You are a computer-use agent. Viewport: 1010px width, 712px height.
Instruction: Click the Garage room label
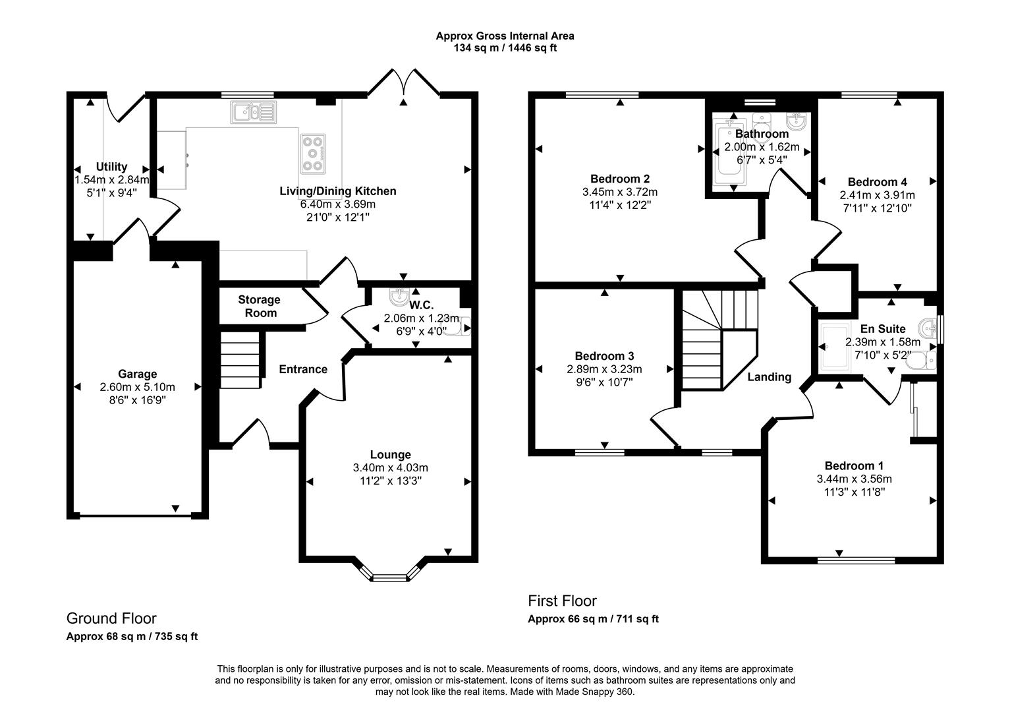(138, 374)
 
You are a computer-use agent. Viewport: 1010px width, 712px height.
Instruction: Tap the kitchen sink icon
(253, 112)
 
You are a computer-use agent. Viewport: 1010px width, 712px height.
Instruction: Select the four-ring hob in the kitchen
(313, 154)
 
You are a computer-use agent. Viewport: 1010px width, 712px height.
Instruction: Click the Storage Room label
(259, 307)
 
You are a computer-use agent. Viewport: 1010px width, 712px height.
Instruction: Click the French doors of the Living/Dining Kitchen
(404, 86)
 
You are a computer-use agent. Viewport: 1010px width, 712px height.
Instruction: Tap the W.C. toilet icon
(461, 326)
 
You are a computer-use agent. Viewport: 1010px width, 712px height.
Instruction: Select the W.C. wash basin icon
(399, 298)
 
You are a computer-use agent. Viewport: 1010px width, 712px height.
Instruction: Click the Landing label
(769, 377)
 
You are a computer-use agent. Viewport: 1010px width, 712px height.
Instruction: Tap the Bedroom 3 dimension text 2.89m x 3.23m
(604, 369)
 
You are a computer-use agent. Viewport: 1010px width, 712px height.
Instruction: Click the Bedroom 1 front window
(856, 560)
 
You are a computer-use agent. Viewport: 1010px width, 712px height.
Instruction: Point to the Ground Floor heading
(111, 618)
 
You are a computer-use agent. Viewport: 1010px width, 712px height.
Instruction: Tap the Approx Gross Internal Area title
(505, 36)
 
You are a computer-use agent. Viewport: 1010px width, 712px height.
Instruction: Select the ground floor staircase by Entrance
(240, 361)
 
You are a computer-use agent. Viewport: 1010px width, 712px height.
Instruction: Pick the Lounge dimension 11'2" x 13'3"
(390, 481)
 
